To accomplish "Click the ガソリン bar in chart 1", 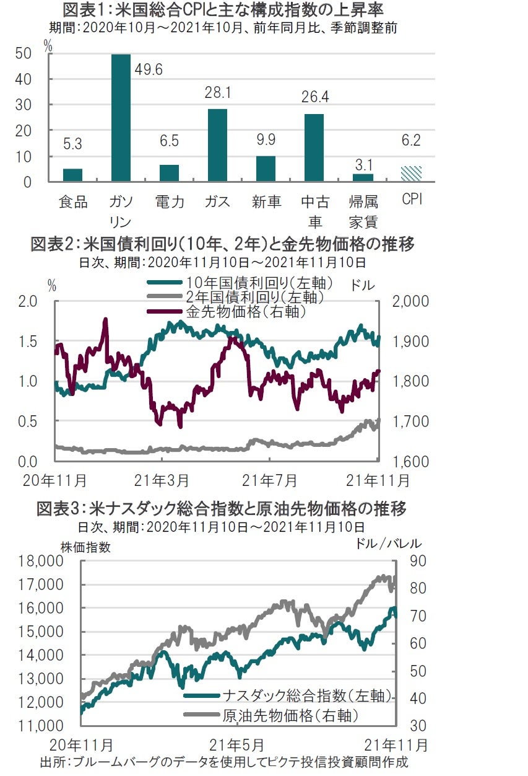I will click(x=121, y=118).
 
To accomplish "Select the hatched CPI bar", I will click(x=411, y=174).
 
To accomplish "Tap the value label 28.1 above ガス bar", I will click(x=218, y=93).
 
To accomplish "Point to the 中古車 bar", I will click(x=314, y=148).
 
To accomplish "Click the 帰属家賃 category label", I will click(x=363, y=211).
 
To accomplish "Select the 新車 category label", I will click(x=266, y=202).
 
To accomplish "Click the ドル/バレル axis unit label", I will click(x=389, y=544).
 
